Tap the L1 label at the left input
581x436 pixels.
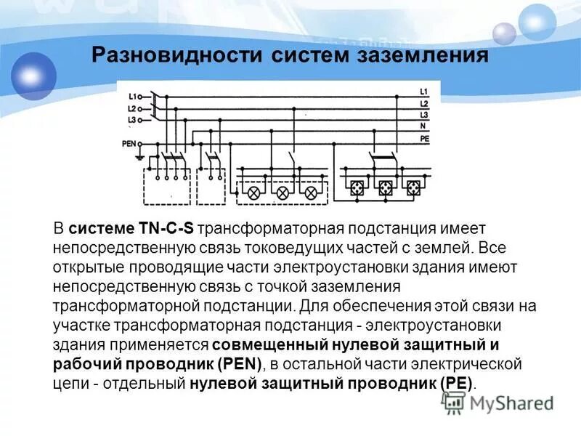click(132, 96)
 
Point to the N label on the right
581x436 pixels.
click(423, 126)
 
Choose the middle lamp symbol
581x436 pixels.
click(283, 193)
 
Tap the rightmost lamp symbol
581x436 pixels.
click(310, 193)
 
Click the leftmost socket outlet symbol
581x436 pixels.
click(357, 187)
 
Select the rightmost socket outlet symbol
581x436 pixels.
click(413, 187)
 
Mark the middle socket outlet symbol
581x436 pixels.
click(385, 187)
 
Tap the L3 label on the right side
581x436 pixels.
click(424, 116)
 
